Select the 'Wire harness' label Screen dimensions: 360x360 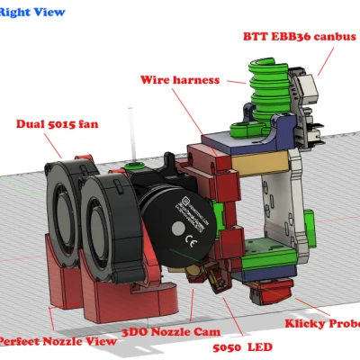click(x=180, y=79)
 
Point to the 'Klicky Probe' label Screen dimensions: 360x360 click(x=322, y=323)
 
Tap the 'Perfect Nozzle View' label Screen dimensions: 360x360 click(x=56, y=341)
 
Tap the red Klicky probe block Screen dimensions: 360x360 click(x=270, y=291)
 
